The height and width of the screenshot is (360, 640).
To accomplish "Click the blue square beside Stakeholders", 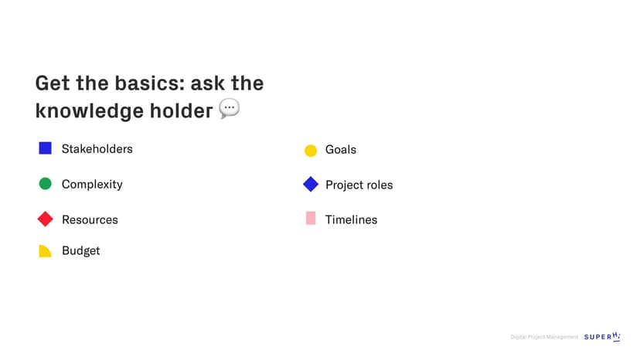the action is pos(46,148).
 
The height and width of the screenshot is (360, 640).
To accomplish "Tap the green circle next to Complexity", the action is pos(46,184).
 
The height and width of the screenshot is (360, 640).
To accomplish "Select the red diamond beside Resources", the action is pos(46,219).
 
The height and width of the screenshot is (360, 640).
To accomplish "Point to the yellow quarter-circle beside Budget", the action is pos(46,251).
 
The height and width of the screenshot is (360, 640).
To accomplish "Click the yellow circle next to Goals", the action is pos(311,151).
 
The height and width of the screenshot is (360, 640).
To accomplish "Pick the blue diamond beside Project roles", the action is pos(311,184).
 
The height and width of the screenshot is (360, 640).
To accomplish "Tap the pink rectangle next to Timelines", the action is pos(311,218).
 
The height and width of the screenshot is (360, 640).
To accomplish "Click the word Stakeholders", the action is pos(97,149).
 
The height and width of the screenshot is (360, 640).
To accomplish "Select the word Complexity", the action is pos(92,185).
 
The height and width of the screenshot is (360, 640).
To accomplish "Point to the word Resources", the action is pos(90,219).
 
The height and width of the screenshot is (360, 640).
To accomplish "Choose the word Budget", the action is pos(81,250).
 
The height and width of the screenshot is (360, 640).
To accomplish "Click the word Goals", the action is pos(341,150).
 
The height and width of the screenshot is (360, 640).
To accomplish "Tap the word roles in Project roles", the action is pos(380,185).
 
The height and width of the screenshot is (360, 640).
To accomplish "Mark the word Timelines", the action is pos(352,219).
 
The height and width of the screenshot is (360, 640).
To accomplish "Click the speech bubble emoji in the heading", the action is pos(230,109).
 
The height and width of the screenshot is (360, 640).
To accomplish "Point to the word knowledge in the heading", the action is pos(90,110).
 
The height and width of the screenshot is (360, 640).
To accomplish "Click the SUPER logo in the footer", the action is pos(602,337).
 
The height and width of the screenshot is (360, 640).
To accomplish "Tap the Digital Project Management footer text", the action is pos(544,337).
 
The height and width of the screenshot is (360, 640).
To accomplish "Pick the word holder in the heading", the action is pos(181,110).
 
